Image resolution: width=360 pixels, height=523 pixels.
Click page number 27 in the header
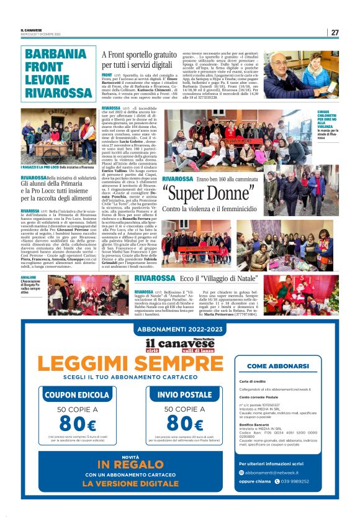[335, 32]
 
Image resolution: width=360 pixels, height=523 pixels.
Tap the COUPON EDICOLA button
[76, 394]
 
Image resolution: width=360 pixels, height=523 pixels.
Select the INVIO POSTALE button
[184, 394]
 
